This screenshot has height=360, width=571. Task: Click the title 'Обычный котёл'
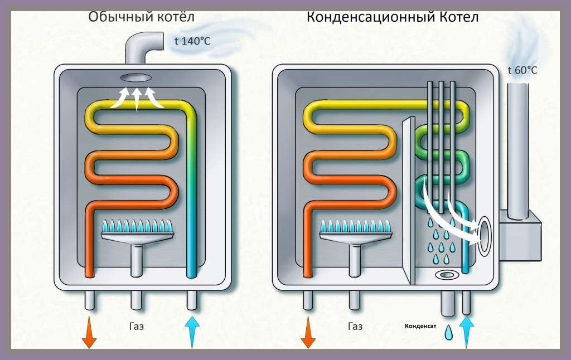(x=141, y=17)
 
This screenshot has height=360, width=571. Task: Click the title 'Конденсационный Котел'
(x=393, y=17)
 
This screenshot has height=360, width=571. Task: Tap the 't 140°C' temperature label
(x=192, y=41)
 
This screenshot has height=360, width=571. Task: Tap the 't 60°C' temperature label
(x=522, y=70)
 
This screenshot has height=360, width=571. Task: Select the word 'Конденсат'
(x=420, y=326)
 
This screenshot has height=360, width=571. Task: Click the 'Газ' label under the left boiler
(x=137, y=326)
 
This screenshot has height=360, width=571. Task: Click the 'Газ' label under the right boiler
(x=355, y=326)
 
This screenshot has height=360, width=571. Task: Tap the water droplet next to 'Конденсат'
(x=449, y=332)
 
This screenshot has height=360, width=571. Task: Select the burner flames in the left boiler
(x=137, y=226)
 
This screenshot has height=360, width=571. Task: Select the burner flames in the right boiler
(x=355, y=226)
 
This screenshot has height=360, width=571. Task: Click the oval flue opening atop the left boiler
(x=136, y=78)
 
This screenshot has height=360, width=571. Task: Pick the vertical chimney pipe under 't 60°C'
(x=517, y=152)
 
